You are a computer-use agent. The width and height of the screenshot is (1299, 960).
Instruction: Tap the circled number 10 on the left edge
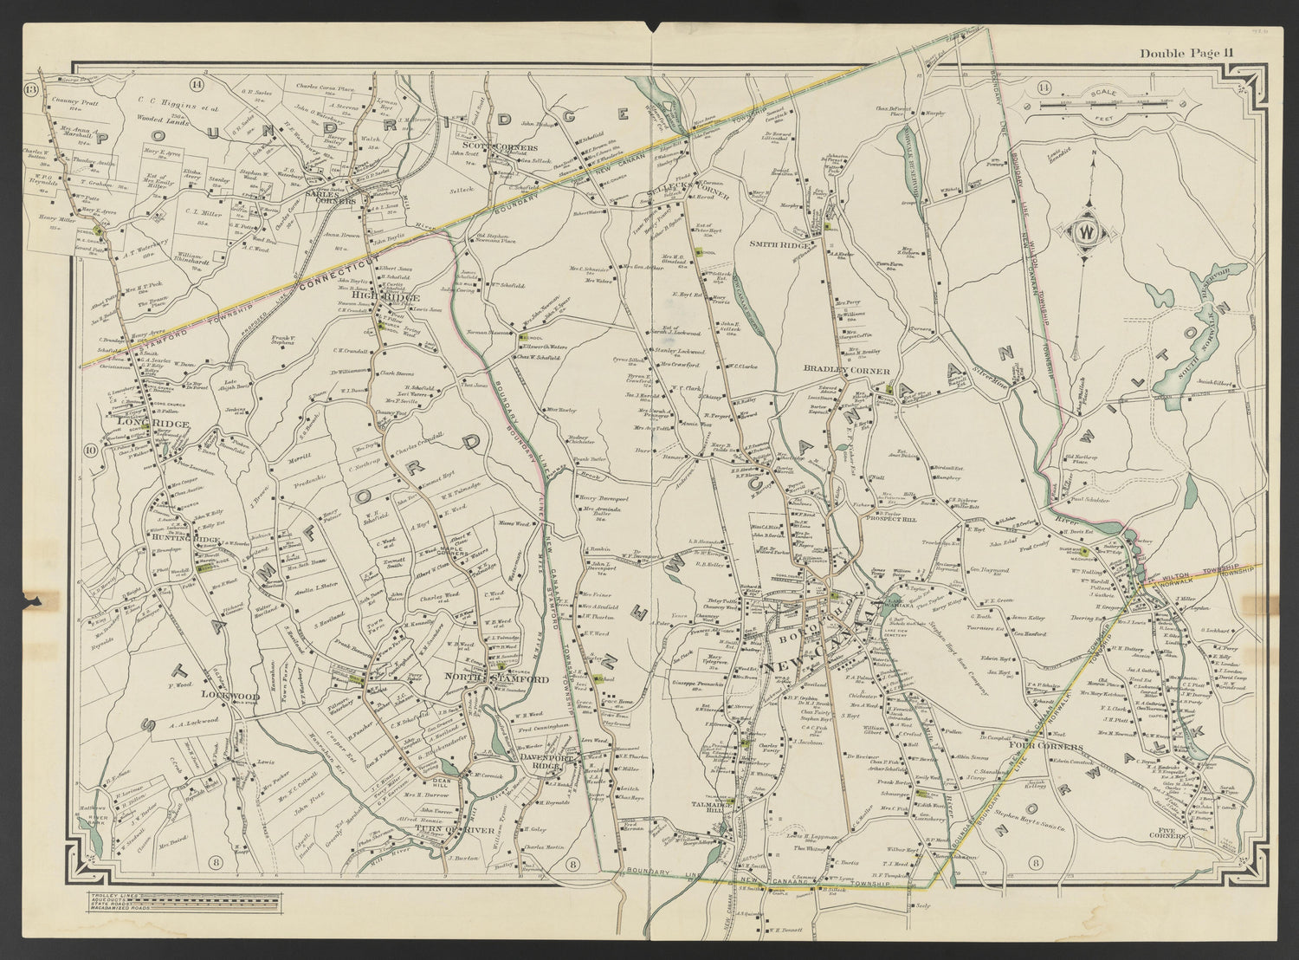pyautogui.click(x=89, y=450)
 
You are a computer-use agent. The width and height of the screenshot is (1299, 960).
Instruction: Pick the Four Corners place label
pyautogui.click(x=1047, y=747)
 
